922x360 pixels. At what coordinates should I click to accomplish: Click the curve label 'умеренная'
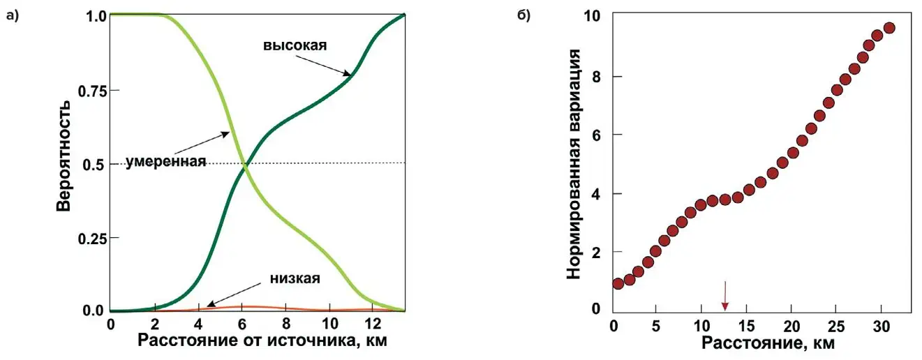166,162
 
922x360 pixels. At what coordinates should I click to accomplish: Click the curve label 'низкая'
294,279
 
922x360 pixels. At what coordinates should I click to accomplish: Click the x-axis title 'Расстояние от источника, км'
262,341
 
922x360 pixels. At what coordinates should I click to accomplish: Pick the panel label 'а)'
12,16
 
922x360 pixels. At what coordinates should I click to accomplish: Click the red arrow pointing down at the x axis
724,296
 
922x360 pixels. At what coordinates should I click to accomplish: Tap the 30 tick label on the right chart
879,326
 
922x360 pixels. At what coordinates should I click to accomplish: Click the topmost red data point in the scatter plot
888,28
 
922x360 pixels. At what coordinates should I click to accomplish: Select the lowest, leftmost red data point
618,283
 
